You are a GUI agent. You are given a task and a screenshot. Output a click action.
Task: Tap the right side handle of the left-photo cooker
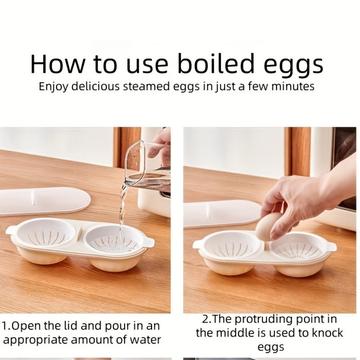click(148, 243)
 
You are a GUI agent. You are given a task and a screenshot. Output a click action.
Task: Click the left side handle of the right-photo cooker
click(197, 244)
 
